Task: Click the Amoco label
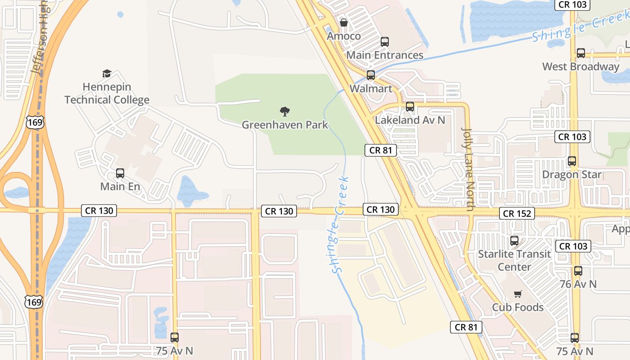344,36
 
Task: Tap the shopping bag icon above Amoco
344,22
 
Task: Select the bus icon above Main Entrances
385,42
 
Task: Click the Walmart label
371,89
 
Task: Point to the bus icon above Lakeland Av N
410,107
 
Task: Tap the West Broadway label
580,67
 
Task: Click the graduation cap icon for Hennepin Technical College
107,73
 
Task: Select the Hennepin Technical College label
107,93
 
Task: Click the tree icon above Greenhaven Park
285,111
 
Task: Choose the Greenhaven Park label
285,125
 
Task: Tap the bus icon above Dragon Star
572,161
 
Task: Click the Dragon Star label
571,175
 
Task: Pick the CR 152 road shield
517,213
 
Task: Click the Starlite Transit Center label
514,260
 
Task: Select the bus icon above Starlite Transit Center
514,241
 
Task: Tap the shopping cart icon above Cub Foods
518,294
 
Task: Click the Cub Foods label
517,307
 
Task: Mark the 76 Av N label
578,284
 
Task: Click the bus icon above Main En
120,173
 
